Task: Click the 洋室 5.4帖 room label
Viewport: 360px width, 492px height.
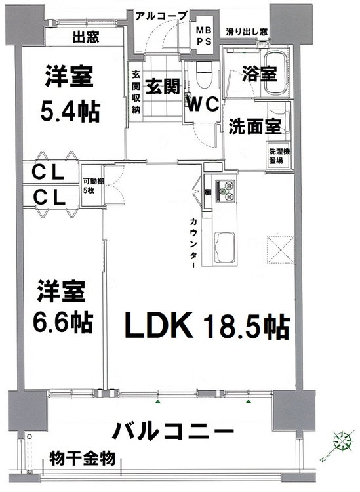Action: pos(71,93)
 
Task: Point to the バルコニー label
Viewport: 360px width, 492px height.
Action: pos(173,432)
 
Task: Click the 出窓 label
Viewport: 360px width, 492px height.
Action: pos(86,37)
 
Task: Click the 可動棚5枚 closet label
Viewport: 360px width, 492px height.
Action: pos(90,186)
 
